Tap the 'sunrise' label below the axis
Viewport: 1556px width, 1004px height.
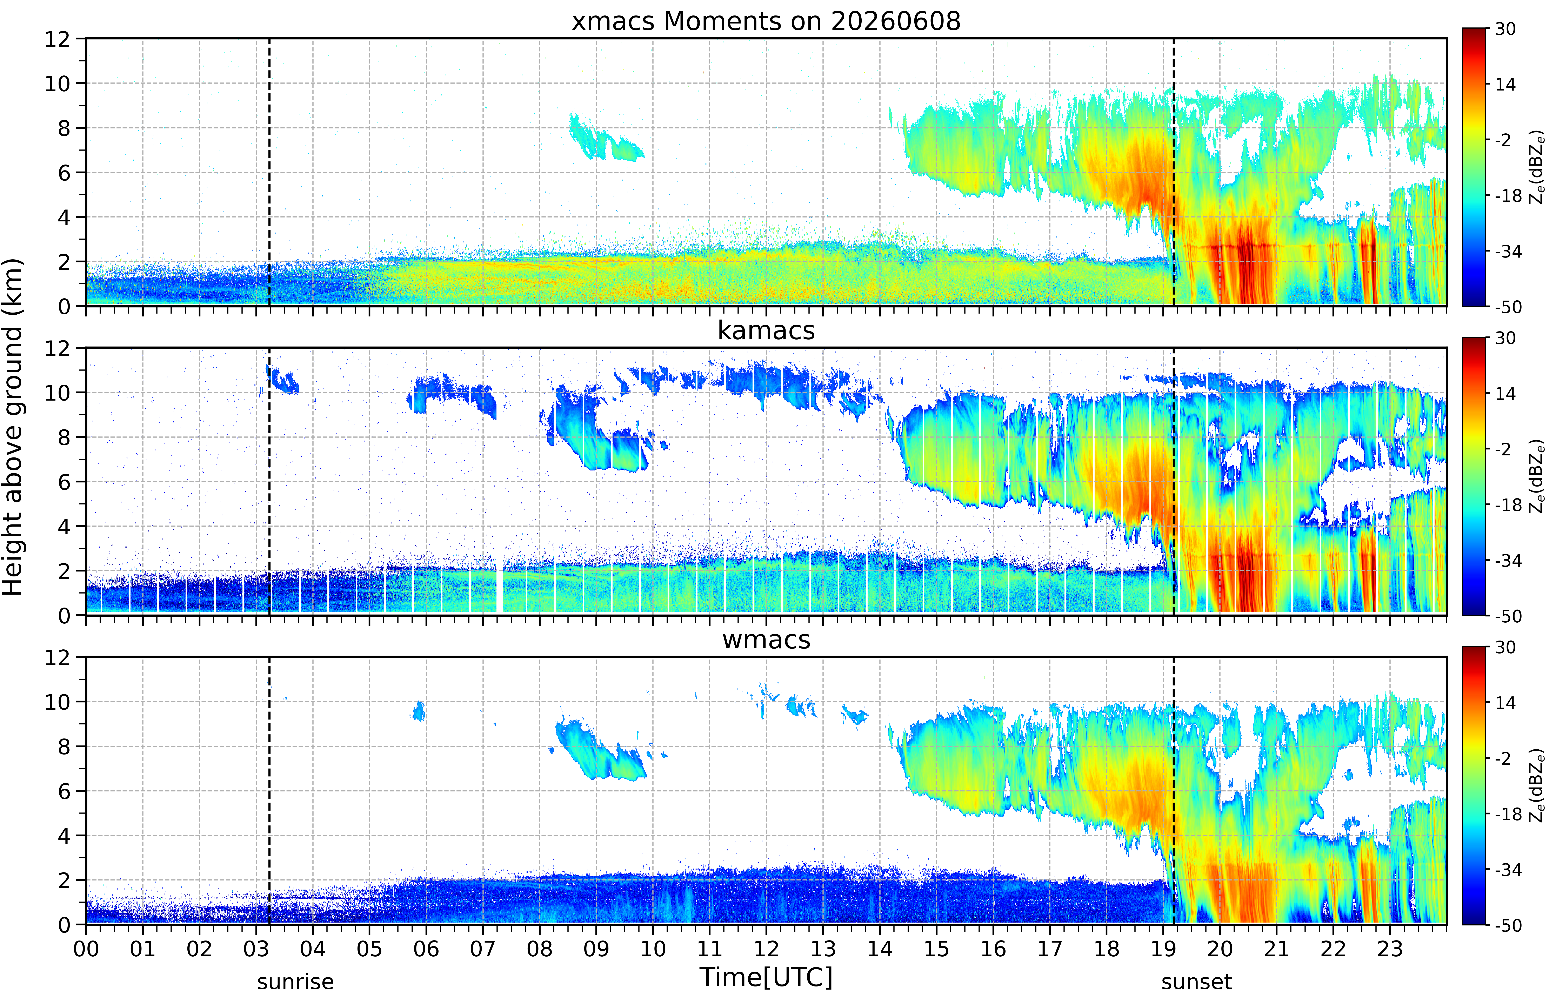[295, 981]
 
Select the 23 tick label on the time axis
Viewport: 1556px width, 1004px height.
[1390, 949]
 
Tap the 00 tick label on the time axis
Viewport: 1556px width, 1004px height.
[86, 949]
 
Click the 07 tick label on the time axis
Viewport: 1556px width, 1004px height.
[483, 949]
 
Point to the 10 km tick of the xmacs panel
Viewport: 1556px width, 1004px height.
[57, 83]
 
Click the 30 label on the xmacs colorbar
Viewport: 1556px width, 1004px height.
[1505, 29]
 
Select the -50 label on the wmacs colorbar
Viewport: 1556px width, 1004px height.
[1508, 925]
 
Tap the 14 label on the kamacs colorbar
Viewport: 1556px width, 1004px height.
[1505, 394]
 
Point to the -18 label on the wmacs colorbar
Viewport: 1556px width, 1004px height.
[1508, 814]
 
